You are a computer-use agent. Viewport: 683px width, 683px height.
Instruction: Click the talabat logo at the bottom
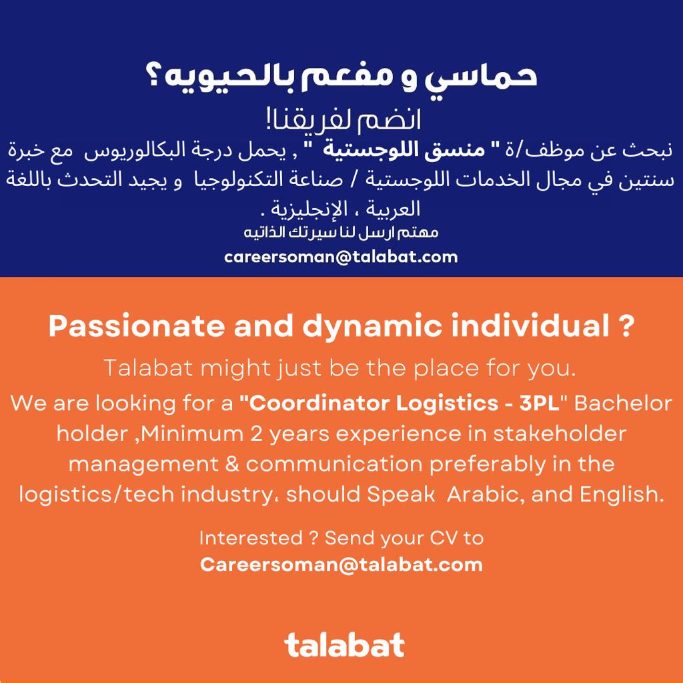coord(344,645)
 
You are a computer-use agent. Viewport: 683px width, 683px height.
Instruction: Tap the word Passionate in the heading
coord(136,325)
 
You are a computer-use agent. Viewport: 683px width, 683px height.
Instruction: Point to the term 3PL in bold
coord(539,404)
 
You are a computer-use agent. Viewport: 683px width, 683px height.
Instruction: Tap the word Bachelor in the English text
coord(624,404)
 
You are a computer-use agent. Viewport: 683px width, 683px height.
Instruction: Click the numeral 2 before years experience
coord(256,434)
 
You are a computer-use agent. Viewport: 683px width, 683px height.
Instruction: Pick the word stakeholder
coord(560,434)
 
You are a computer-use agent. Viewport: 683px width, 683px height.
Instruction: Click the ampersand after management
coord(232,464)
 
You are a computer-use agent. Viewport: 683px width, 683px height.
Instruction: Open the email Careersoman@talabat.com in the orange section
coord(341,565)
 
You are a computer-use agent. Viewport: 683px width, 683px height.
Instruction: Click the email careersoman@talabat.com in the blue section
coord(341,257)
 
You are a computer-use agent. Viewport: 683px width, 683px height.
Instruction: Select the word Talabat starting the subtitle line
coord(148,368)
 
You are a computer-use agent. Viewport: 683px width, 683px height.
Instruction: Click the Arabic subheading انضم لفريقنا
coord(344,119)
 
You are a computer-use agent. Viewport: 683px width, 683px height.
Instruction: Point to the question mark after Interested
coord(313,538)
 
